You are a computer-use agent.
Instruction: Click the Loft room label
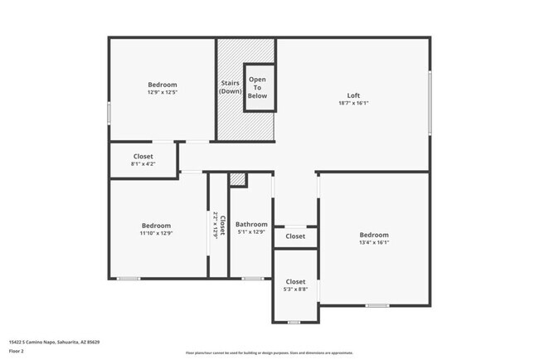353,95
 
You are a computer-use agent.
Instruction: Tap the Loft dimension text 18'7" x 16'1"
353,104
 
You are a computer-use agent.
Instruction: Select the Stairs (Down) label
231,86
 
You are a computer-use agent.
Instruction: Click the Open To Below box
258,88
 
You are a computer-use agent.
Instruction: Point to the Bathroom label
251,224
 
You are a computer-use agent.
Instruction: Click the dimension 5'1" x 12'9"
251,232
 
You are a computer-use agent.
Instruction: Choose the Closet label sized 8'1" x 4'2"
143,156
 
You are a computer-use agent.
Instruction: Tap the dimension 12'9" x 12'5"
163,92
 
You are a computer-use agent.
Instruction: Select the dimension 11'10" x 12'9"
156,233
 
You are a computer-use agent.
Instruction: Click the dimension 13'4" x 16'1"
374,243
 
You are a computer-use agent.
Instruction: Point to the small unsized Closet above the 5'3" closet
295,236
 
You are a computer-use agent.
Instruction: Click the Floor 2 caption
17,350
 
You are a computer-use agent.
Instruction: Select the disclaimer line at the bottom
269,352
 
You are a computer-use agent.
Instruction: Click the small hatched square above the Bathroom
238,179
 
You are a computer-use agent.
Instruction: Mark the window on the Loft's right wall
430,102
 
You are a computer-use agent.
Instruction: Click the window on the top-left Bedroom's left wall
109,113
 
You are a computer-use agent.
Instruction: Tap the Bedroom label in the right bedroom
374,235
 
